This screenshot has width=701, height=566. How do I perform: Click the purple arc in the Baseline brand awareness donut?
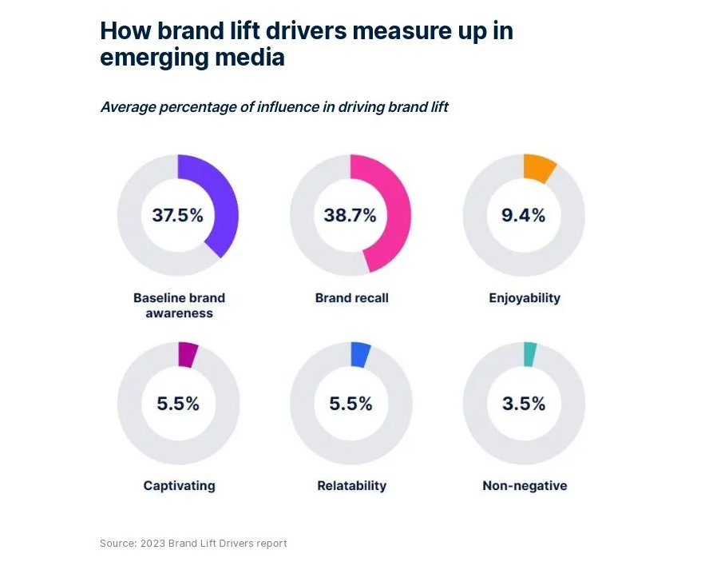(x=225, y=208)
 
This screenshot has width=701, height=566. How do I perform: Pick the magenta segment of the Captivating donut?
(x=188, y=354)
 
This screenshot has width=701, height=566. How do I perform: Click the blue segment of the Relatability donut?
(x=361, y=354)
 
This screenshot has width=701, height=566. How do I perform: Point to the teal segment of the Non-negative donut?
(x=529, y=354)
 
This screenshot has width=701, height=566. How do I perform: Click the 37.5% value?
(x=177, y=215)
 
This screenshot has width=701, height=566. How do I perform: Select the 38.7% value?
(x=350, y=215)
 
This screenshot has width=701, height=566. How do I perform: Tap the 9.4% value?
(x=523, y=215)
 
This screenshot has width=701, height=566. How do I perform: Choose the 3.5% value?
(x=524, y=404)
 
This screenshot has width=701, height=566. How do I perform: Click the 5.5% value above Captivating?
(x=177, y=404)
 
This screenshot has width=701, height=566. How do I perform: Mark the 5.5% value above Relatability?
(x=350, y=404)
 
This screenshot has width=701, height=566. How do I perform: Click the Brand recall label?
(x=351, y=298)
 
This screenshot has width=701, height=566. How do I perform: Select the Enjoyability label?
(x=525, y=298)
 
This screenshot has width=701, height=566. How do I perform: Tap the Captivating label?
(x=179, y=485)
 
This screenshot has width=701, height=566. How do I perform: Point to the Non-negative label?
(x=525, y=485)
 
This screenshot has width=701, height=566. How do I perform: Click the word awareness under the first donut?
(x=179, y=313)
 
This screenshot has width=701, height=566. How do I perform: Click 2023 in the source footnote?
(x=153, y=544)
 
